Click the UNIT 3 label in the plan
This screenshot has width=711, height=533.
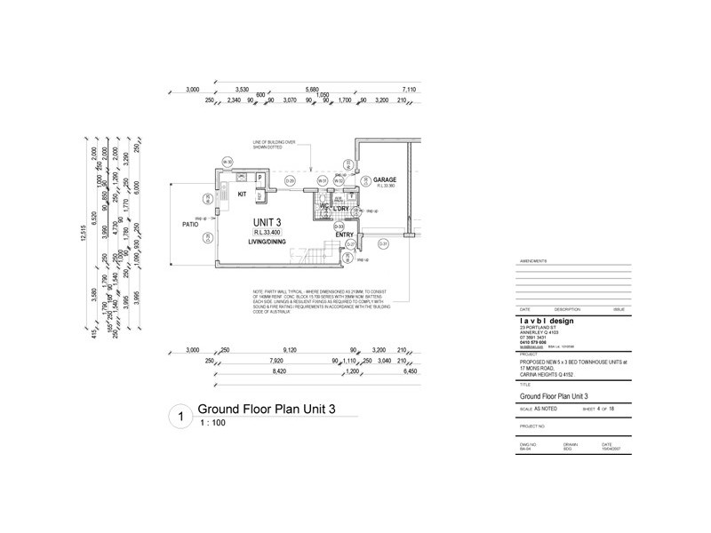pos(266,221)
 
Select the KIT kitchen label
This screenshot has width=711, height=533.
pos(241,192)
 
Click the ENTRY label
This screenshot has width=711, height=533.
pos(345,235)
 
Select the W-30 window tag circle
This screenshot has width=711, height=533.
pos(228,162)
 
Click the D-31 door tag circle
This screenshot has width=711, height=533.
pos(384,243)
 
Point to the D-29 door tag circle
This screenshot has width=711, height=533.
pos(290,181)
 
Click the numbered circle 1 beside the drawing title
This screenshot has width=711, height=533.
pos(180,415)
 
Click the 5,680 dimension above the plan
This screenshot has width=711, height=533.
pos(311,90)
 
